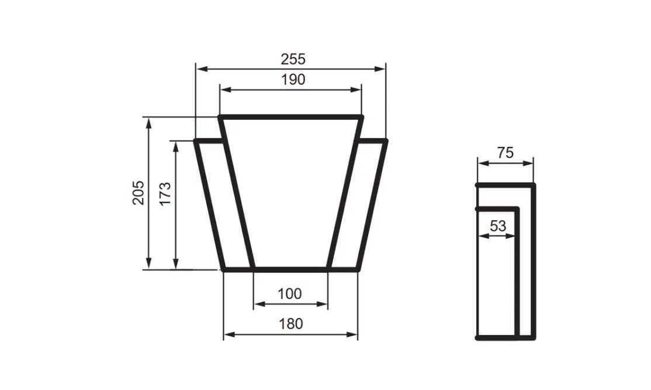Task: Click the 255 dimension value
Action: [x=293, y=59]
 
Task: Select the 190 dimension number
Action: [x=293, y=80]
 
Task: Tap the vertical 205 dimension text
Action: [x=138, y=192]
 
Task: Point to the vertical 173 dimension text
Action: [x=165, y=193]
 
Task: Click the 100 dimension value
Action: [x=290, y=294]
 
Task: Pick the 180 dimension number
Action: [x=290, y=323]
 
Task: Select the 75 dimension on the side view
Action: [x=505, y=153]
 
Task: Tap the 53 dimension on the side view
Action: [x=498, y=226]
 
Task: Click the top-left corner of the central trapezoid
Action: [x=221, y=117]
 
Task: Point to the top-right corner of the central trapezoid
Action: [x=362, y=117]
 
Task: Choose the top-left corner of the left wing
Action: [x=196, y=141]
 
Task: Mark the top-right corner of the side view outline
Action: [x=533, y=185]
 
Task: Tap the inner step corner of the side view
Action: [x=517, y=208]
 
